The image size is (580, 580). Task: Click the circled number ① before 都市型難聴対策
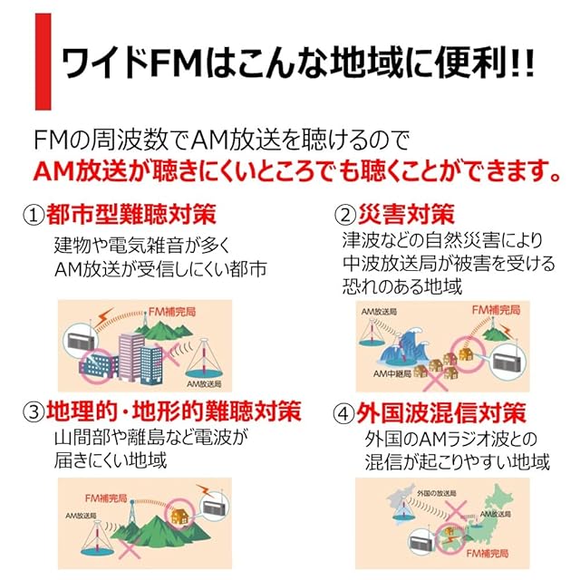34,217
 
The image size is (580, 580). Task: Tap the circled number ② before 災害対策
344,216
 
